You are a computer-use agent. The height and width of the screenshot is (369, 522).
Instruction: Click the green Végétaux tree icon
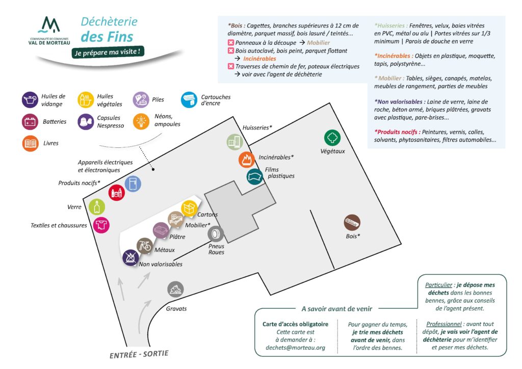(332, 138)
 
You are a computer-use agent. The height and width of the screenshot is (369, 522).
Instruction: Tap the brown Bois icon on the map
(352, 223)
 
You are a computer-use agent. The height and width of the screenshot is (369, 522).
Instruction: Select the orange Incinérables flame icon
(247, 160)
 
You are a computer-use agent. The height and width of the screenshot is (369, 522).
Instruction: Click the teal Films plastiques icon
(255, 177)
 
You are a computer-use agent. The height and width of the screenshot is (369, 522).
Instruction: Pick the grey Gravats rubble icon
(175, 289)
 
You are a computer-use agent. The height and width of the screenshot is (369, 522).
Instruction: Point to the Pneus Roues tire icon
(216, 234)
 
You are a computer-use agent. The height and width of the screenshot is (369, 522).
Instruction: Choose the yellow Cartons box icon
(189, 208)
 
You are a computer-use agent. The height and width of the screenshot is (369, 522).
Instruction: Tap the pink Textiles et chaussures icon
(101, 225)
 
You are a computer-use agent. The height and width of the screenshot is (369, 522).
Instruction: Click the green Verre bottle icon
(97, 206)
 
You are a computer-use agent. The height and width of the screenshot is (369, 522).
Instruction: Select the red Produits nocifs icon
(117, 192)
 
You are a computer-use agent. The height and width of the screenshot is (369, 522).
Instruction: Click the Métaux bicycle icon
(144, 246)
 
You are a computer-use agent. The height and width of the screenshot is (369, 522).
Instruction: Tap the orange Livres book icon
(30, 143)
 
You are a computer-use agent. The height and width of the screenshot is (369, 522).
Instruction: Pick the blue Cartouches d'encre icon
(189, 99)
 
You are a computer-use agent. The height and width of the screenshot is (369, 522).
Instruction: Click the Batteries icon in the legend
(30, 122)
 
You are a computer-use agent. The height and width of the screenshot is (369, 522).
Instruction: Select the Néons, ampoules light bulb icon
(141, 121)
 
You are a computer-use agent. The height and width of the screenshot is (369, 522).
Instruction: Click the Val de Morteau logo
(49, 31)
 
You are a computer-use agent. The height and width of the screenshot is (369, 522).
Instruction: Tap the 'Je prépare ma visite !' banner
(108, 52)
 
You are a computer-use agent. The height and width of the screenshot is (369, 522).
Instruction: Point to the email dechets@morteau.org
(295, 348)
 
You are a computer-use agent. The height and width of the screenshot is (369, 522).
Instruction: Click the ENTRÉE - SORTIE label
(139, 354)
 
